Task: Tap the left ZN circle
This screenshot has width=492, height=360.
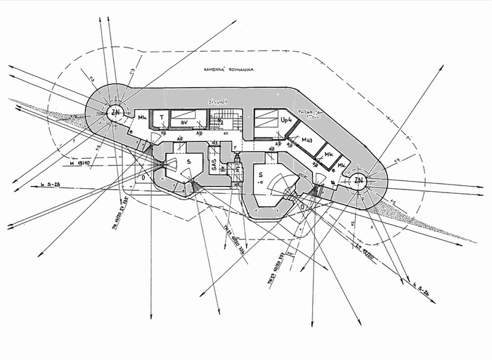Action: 114,113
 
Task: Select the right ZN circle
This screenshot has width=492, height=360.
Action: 359,181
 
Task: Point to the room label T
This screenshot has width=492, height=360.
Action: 161,117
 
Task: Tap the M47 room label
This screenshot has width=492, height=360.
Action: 309,142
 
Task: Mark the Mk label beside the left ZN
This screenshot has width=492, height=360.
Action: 141,118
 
